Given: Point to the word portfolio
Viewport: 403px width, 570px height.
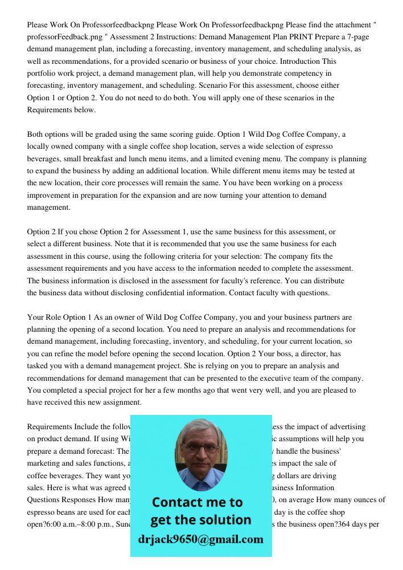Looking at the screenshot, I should pos(43,74).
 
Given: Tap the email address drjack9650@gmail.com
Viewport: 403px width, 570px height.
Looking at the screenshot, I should pos(200,539).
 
